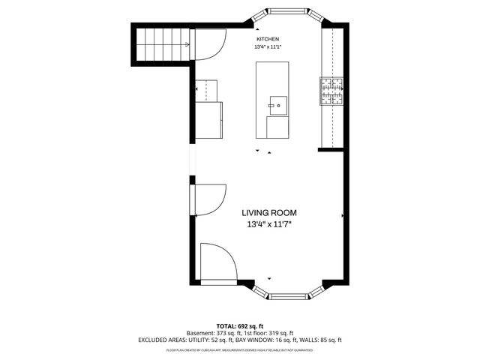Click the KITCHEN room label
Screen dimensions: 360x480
268,39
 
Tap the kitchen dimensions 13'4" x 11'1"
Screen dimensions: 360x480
268,48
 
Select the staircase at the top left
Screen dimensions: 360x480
161,45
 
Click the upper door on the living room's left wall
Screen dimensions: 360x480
210,199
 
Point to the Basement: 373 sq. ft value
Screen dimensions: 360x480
213,333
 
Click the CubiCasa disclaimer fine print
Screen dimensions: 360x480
240,349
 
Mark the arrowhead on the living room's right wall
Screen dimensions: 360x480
343,215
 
